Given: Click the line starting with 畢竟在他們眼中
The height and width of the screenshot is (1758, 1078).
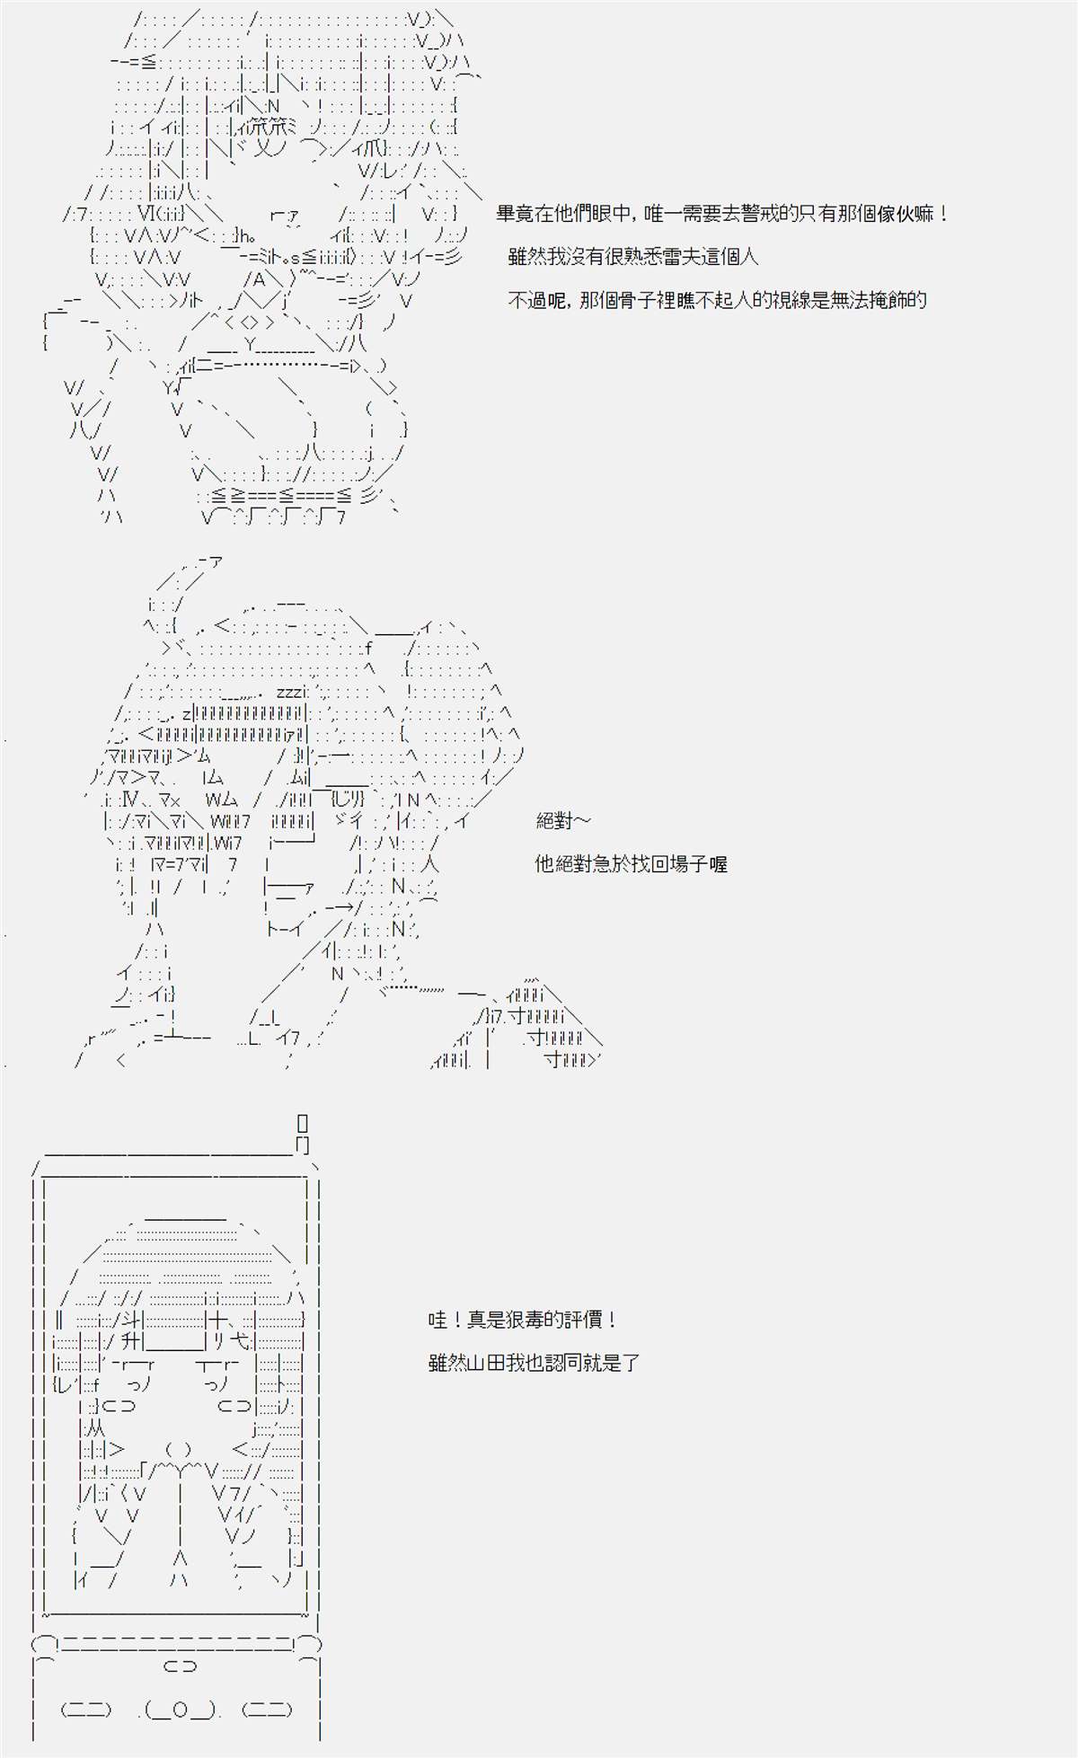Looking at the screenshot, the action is pyautogui.click(x=722, y=214).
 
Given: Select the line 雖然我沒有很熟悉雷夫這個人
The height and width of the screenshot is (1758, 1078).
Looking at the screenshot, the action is pyautogui.click(x=633, y=257).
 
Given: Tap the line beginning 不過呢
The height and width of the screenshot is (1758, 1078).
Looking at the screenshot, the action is pyautogui.click(x=718, y=300).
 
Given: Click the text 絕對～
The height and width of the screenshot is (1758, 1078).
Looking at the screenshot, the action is pyautogui.click(x=564, y=820).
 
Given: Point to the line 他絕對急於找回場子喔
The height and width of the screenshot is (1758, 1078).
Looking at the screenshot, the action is pyautogui.click(x=631, y=863).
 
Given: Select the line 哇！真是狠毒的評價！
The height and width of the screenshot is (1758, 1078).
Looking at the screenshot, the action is pyautogui.click(x=524, y=1320).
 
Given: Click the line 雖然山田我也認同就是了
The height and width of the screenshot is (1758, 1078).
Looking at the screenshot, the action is pyautogui.click(x=535, y=1363).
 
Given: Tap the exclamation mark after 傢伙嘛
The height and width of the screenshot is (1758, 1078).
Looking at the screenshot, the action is pyautogui.click(x=943, y=214).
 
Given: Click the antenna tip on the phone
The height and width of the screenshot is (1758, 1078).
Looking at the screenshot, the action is pyautogui.click(x=302, y=1123).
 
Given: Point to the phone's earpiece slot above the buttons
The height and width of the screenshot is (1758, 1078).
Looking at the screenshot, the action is pyautogui.click(x=180, y=1666).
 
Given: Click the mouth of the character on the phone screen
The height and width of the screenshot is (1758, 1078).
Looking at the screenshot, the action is pyautogui.click(x=179, y=1450).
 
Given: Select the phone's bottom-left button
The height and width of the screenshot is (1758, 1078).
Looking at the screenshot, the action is pyautogui.click(x=85, y=1709).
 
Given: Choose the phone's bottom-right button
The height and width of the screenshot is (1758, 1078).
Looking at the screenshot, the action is pyautogui.click(x=268, y=1709).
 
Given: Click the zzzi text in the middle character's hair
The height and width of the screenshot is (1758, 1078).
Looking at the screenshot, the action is pyautogui.click(x=293, y=692).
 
